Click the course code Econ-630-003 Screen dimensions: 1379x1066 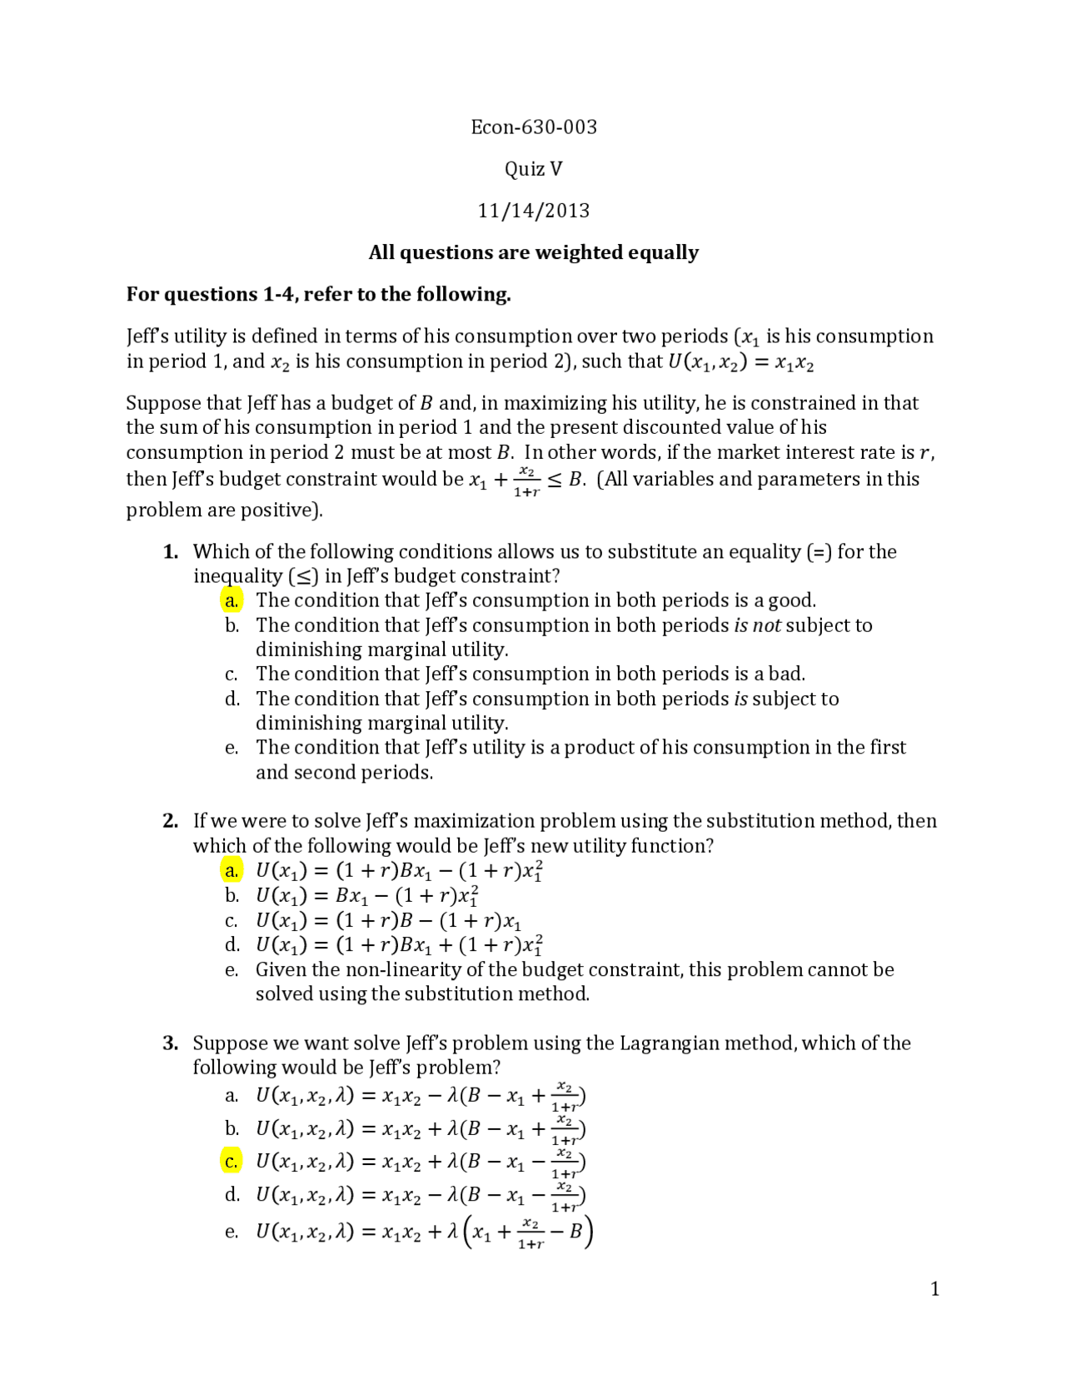point(534,127)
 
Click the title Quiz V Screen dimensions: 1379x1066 point(534,169)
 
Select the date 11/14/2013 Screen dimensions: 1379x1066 point(534,211)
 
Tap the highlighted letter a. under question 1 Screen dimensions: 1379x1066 point(232,600)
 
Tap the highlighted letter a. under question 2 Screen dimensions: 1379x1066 point(232,871)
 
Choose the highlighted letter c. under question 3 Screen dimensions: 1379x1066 point(232,1162)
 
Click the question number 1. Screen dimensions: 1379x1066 point(171,551)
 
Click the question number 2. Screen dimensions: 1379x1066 point(171,821)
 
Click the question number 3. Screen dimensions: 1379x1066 point(171,1043)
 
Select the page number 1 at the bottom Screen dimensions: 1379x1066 point(934,1290)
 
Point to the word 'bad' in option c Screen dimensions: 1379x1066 point(785,674)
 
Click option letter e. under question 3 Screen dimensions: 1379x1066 point(232,1232)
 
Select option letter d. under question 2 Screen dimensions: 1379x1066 point(232,945)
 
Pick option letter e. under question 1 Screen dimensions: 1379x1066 point(232,748)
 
